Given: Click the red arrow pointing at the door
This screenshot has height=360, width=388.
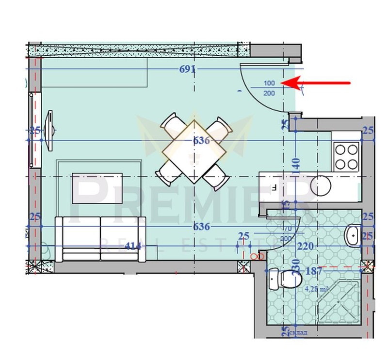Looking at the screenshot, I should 320,83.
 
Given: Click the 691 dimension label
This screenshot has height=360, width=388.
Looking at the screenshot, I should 187,69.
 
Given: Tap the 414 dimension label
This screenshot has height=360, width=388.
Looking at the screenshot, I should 132,246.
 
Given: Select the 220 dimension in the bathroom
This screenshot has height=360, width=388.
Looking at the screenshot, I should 306,246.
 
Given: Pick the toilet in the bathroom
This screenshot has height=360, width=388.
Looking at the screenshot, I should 286,278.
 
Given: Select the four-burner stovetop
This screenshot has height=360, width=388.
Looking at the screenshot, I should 346,156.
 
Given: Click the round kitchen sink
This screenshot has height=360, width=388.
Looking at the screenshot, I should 321,185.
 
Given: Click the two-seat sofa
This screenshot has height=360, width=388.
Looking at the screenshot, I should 100,238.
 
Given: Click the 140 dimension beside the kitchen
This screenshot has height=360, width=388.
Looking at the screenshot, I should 297,167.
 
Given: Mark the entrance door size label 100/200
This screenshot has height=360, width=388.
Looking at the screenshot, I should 269,87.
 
